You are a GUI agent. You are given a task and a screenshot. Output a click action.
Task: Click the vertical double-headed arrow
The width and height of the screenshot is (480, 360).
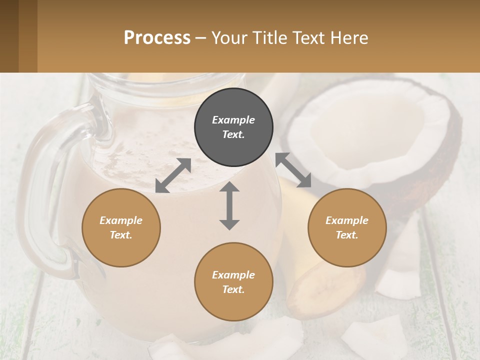pyautogui.click(x=229, y=205)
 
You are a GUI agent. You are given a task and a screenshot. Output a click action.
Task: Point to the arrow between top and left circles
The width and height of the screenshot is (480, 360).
pyautogui.click(x=173, y=175)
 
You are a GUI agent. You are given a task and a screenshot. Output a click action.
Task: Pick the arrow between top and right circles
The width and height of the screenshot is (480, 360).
pyautogui.click(x=293, y=170)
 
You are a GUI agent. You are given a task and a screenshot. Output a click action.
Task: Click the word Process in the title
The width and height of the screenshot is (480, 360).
pyautogui.click(x=157, y=38)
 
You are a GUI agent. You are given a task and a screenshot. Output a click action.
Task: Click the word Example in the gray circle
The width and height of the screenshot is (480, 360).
pyautogui.click(x=233, y=120)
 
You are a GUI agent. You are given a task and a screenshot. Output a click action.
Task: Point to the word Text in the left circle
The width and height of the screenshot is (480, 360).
pyautogui.click(x=121, y=235)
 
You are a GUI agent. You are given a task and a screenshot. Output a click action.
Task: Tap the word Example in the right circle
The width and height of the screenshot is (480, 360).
pyautogui.click(x=347, y=220)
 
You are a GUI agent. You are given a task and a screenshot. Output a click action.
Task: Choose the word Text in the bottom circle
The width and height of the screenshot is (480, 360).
pyautogui.click(x=233, y=289)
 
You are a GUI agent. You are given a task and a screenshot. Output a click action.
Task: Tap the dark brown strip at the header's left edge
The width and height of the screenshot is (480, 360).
pyautogui.click(x=9, y=36)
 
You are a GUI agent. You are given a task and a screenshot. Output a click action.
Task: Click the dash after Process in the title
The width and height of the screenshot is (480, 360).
pyautogui.click(x=201, y=38)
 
